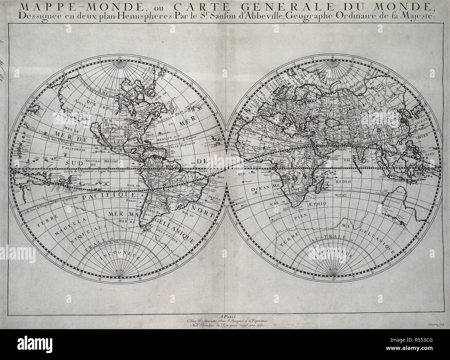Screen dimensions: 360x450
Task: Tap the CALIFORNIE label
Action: (74, 148)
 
